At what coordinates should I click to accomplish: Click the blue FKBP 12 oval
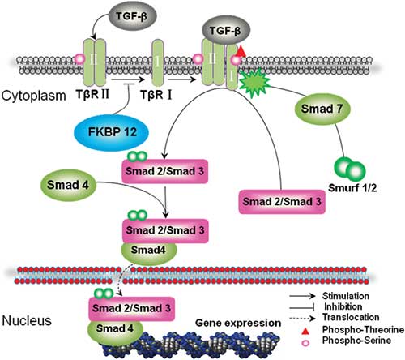111,132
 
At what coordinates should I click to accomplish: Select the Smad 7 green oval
322,109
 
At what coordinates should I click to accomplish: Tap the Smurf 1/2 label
352,188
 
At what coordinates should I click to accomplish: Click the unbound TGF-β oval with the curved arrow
132,16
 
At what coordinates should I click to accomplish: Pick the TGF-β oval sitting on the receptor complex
226,31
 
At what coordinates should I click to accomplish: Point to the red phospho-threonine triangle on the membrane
241,51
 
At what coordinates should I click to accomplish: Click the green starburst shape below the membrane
255,82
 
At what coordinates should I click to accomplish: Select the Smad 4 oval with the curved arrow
68,186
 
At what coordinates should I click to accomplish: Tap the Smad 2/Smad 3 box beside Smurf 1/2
282,202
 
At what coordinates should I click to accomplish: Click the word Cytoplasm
33,96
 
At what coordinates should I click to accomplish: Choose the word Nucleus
27,321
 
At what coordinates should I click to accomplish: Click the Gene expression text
238,323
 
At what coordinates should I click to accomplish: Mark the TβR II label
92,94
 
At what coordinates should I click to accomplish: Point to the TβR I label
156,95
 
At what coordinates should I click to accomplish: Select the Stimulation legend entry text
346,296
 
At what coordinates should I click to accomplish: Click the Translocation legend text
351,317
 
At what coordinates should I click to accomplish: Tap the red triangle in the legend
305,331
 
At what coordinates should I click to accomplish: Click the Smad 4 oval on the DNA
114,329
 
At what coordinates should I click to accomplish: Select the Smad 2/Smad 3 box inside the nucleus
131,308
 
